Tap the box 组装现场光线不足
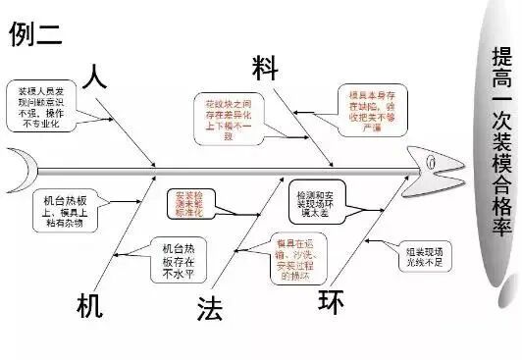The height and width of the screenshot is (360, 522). [427, 256]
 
